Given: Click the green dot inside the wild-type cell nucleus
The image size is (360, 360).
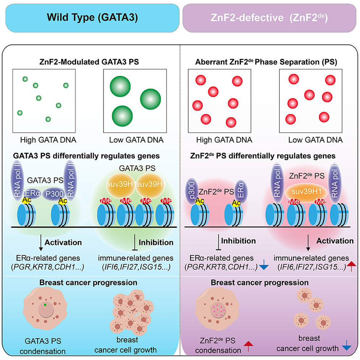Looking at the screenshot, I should pyautogui.click(x=45, y=305).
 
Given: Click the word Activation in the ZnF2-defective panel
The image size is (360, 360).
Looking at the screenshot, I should pyautogui.click(x=338, y=241).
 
